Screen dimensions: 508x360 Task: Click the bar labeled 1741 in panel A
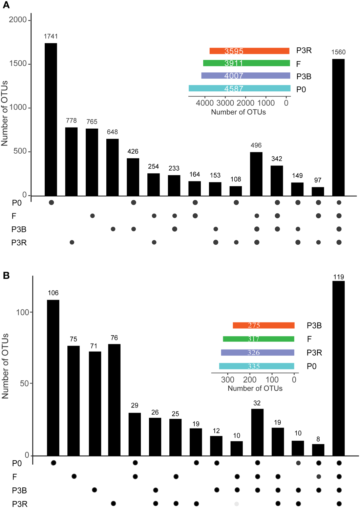point(51,119)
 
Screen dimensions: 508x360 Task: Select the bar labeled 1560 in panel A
point(338,127)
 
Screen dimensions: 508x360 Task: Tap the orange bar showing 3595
point(249,51)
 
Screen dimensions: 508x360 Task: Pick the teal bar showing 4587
point(239,88)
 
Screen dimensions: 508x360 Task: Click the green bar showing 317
point(258,339)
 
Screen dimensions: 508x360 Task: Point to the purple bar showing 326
point(257,353)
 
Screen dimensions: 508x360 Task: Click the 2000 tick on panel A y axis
point(18,20)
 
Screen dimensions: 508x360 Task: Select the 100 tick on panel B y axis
point(23,312)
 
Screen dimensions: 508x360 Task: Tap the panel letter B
point(6,275)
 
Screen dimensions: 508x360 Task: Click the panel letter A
point(6,5)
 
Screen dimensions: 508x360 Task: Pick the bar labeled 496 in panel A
point(256,174)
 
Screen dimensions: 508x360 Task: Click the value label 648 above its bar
point(112,132)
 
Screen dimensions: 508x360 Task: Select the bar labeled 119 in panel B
point(338,368)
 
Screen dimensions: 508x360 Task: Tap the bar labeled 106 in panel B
point(53,378)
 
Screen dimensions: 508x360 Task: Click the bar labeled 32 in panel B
point(257,432)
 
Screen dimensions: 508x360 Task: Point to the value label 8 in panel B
point(318,439)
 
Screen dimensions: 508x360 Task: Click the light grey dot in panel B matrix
point(236,504)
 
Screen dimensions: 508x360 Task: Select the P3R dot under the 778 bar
point(72,242)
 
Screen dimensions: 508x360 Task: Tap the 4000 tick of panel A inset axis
point(205,103)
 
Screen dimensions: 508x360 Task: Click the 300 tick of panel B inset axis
point(228,380)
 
